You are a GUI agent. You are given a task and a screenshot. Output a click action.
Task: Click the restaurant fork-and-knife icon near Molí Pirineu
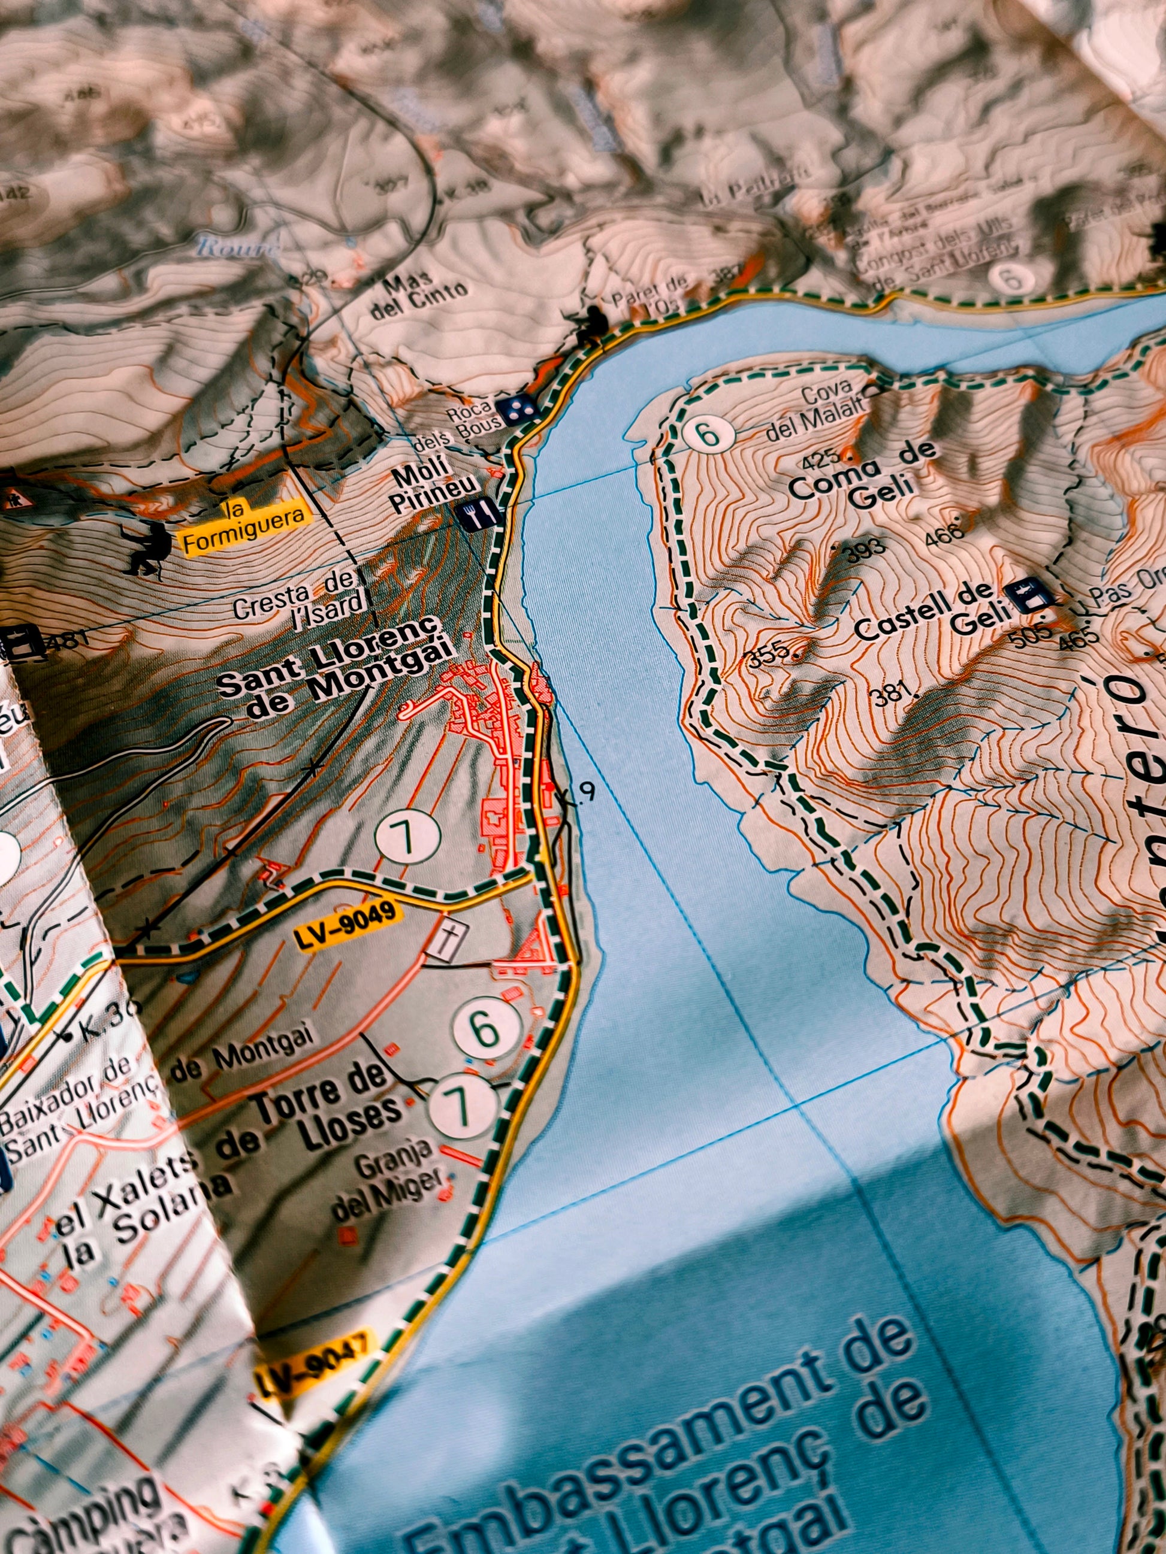click(479, 516)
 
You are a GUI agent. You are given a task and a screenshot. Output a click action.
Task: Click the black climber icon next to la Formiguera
click(146, 549)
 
